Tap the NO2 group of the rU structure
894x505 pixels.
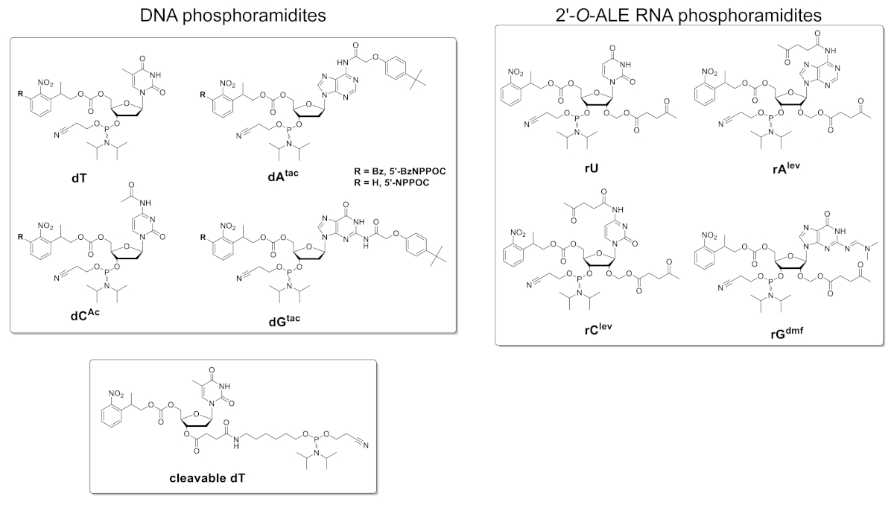(x=517, y=72)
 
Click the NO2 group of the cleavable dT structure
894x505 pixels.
(x=119, y=393)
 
